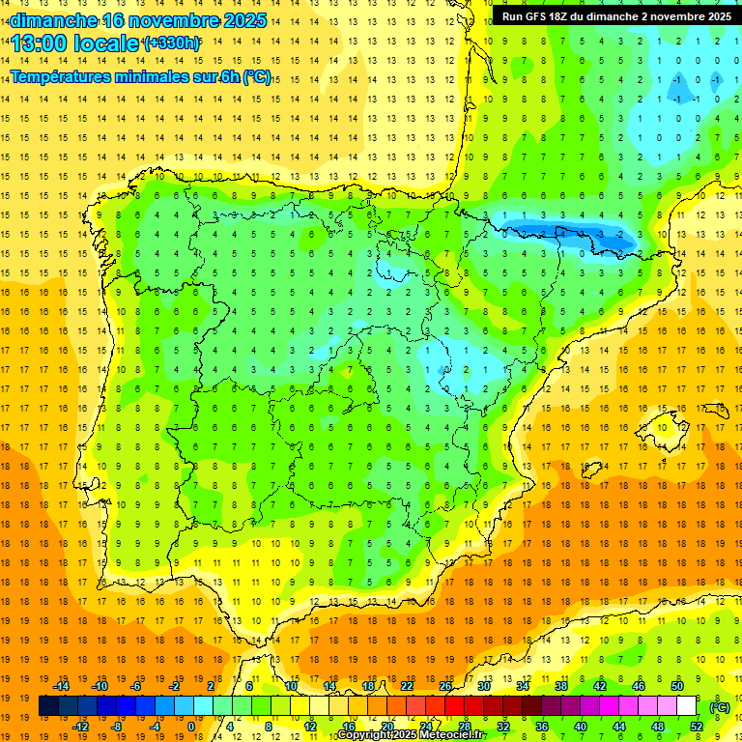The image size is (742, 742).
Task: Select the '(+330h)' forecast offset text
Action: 172,43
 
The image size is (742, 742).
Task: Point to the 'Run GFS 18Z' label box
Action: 615,16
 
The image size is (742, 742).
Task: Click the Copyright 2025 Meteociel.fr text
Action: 411,734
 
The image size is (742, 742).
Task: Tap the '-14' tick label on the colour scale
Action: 62,686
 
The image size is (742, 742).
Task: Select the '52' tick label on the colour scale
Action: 696,727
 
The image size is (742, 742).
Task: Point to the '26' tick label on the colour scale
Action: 445,686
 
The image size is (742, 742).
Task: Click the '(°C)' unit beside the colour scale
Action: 720,707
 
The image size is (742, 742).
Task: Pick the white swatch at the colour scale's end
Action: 695,707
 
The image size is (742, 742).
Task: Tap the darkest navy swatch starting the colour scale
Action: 48,707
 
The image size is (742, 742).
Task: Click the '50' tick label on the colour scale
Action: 676,686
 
